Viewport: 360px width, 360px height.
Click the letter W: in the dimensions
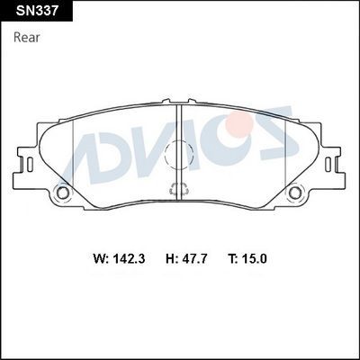click(102, 259)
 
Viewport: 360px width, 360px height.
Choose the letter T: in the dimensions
click(232, 259)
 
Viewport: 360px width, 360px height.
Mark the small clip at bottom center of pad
click(178, 189)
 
